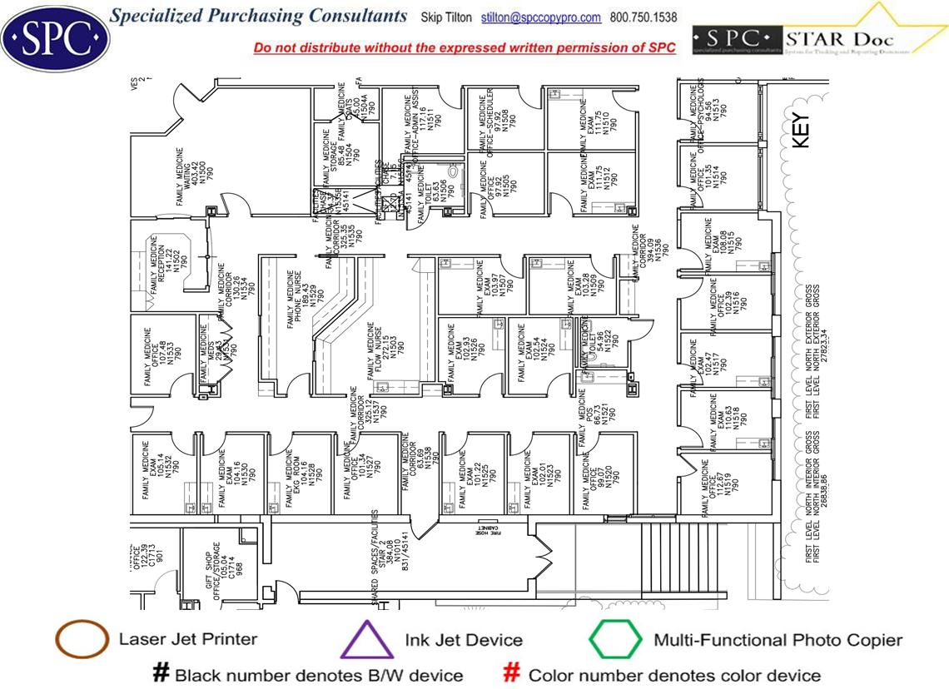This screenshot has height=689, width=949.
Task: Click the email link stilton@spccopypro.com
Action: (x=540, y=17)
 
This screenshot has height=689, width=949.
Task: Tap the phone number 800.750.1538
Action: (x=643, y=17)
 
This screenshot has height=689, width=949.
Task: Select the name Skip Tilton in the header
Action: (x=446, y=17)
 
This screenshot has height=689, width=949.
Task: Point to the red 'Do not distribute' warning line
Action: (x=465, y=47)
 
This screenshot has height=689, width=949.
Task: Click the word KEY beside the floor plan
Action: (x=801, y=131)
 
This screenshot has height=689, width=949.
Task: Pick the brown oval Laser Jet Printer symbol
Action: (x=81, y=640)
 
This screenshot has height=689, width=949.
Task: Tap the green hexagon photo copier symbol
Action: (x=615, y=640)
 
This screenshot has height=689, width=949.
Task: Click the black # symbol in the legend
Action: (x=161, y=673)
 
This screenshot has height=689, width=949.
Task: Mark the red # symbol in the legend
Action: (x=514, y=673)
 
